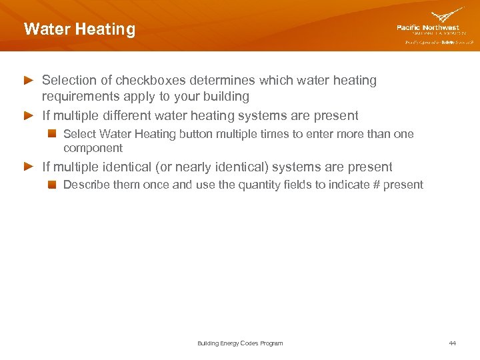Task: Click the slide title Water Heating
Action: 79,29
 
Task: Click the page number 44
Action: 453,343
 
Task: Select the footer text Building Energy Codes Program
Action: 240,343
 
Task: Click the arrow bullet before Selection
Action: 29,81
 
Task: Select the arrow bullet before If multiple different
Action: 29,116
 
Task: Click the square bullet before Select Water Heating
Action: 52,134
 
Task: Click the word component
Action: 93,148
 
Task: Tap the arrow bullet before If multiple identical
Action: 29,167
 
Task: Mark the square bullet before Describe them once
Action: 52,185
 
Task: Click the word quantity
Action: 258,185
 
